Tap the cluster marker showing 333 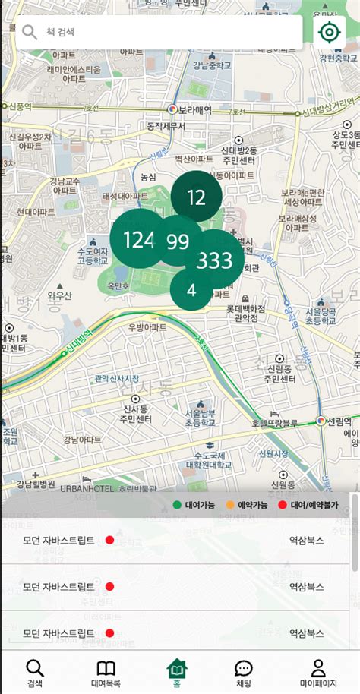[215, 261]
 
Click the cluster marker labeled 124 [138, 240]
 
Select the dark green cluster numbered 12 [196, 198]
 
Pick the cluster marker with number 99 [178, 242]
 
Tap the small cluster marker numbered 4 [191, 290]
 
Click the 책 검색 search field [167, 33]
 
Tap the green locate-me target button [330, 33]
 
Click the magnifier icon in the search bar [30, 33]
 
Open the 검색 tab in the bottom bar [35, 672]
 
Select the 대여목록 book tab [106, 672]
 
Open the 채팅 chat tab [244, 672]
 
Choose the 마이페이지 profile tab [318, 672]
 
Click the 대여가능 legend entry [195, 504]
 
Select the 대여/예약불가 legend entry [311, 504]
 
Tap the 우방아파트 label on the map [147, 327]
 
